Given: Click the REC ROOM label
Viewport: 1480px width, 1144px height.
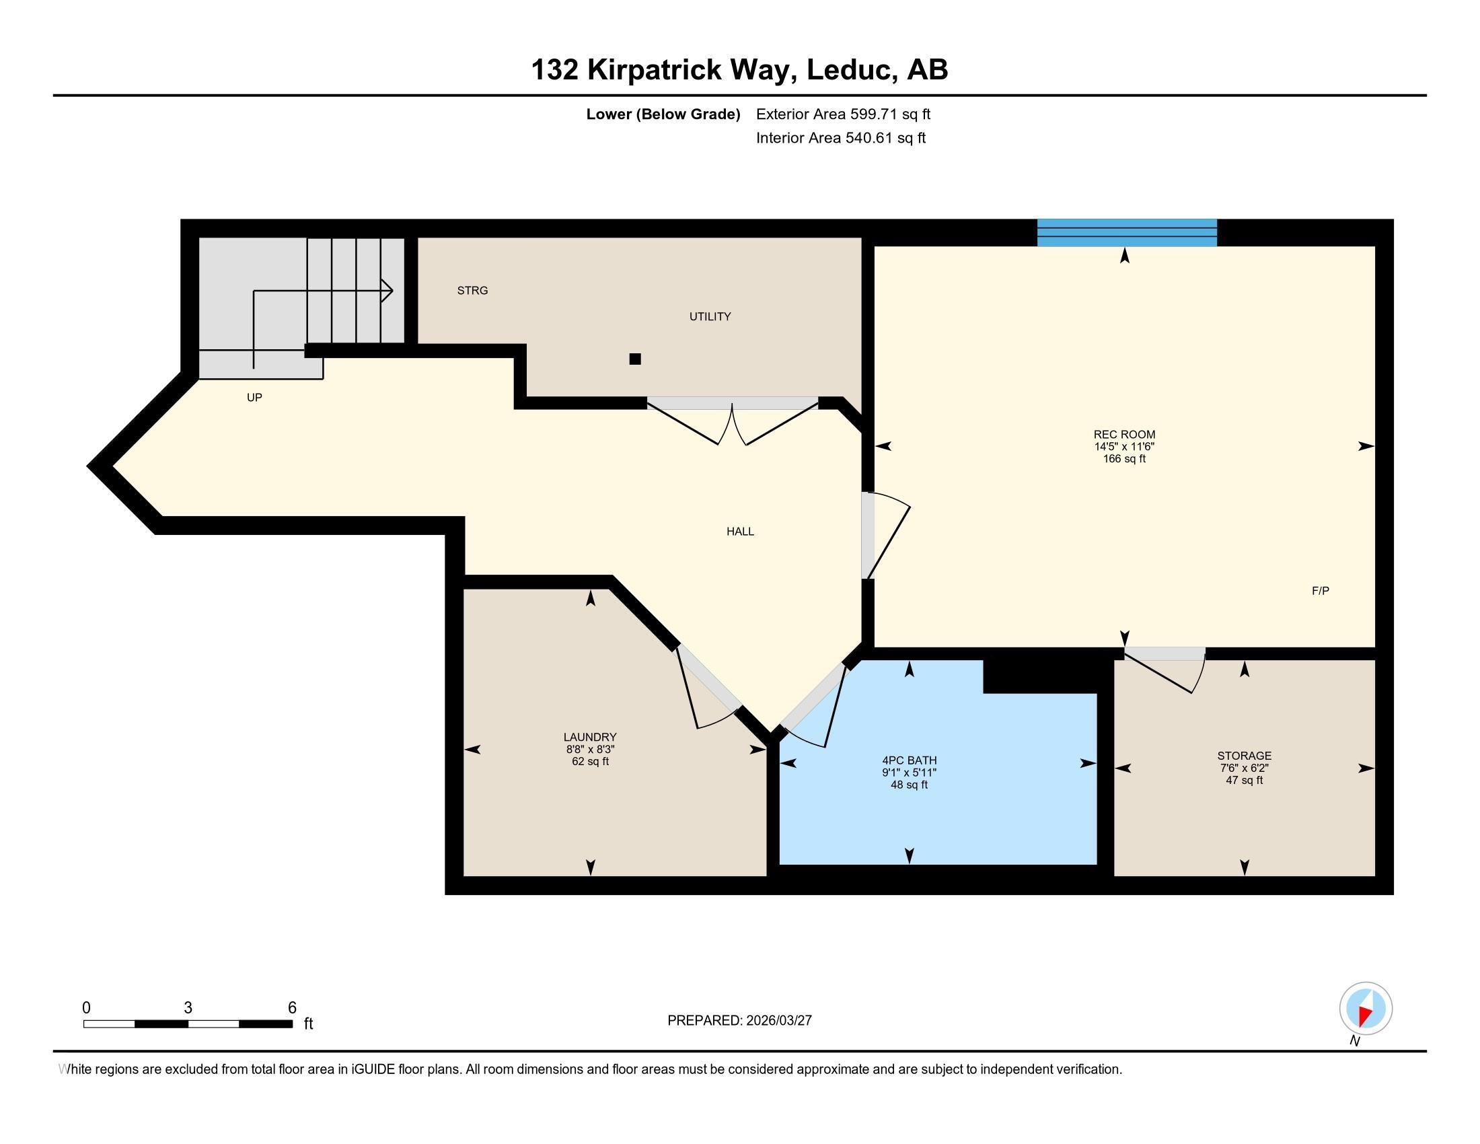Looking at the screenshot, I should (1123, 435).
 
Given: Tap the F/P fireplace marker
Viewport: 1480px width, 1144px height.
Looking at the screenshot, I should (1320, 591).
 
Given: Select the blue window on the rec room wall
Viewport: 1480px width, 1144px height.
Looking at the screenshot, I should (1126, 232).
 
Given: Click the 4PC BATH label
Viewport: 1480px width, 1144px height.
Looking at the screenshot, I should (909, 760).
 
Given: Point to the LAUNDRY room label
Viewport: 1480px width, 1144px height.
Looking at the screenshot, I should (589, 738).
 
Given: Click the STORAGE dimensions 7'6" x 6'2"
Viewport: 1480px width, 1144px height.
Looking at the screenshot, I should (1243, 768).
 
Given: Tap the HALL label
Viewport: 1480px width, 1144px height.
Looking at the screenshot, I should (740, 532).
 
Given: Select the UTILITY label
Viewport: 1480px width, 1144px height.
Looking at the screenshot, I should (710, 316).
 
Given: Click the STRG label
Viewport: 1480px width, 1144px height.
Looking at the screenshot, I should (472, 291).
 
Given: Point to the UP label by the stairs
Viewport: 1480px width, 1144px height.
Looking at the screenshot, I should (254, 398).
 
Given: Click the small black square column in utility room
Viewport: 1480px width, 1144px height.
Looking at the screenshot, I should (634, 359).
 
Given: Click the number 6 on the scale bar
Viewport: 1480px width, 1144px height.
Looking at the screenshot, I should (292, 1008).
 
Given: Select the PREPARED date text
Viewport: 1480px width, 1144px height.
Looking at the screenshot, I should (739, 1021).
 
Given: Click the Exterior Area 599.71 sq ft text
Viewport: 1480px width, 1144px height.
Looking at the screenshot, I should (842, 114).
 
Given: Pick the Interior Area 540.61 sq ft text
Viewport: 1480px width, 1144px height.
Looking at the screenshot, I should (840, 138).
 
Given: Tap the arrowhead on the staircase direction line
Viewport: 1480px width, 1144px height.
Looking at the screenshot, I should (387, 291).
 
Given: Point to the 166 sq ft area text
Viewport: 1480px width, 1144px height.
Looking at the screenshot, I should (1123, 459).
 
